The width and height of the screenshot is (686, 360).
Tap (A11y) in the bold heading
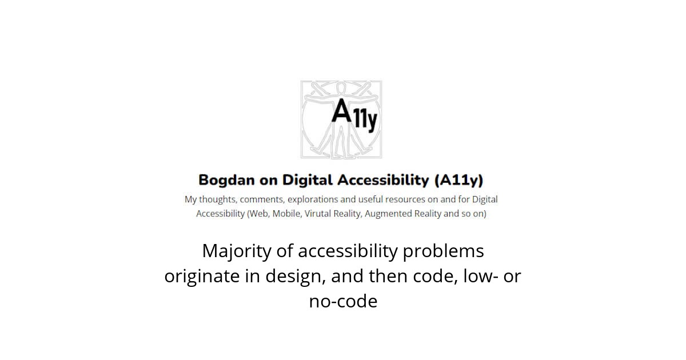pyautogui.click(x=459, y=181)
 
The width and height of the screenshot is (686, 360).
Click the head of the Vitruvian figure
pyautogui.click(x=342, y=88)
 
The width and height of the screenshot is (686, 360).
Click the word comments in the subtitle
pyautogui.click(x=262, y=199)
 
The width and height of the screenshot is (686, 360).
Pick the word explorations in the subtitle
pyautogui.click(x=313, y=199)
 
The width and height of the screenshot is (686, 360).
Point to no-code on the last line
pyautogui.click(x=343, y=301)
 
